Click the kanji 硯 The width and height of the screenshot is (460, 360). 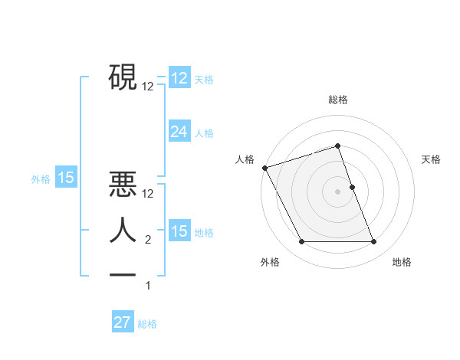click(123, 77)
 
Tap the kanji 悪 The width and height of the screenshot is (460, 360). click(123, 185)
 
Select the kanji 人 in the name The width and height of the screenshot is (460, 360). click(123, 231)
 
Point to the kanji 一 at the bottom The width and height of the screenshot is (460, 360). click(123, 273)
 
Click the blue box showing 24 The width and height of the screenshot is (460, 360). click(179, 132)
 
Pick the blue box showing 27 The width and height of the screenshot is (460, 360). click(123, 322)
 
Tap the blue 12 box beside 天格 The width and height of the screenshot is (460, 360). click(179, 79)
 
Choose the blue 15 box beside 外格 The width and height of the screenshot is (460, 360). click(66, 178)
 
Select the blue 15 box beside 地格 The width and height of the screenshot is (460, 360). click(179, 231)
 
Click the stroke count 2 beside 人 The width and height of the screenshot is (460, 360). click(148, 241)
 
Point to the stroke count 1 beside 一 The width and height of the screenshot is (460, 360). click(148, 286)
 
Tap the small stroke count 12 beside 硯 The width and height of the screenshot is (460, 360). click(148, 87)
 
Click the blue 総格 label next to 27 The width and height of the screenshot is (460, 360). click(147, 324)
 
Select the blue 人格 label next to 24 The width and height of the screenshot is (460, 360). click(204, 133)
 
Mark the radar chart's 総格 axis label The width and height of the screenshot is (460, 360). click(338, 100)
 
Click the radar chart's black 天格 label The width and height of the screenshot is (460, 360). click(432, 159)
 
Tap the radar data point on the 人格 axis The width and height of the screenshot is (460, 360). click(264, 168)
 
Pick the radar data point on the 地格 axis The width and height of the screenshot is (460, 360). click(374, 242)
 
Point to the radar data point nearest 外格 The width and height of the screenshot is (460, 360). click(301, 242)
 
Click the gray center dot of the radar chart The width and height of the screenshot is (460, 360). click(338, 191)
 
